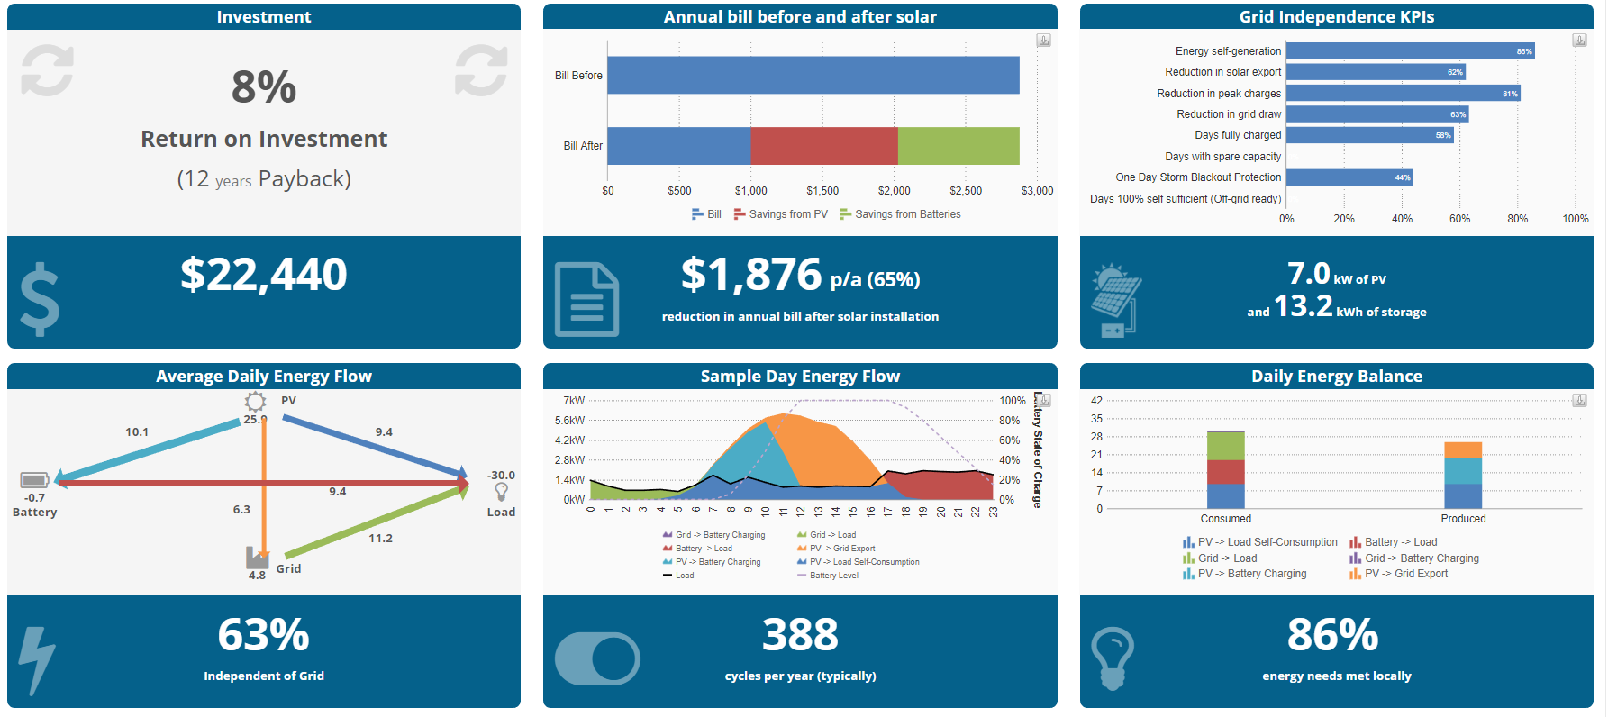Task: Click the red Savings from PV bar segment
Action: (823, 146)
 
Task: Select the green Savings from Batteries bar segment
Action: (958, 146)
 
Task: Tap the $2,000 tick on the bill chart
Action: (894, 191)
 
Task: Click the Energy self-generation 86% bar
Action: (1409, 51)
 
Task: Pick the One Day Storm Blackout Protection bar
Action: (1349, 177)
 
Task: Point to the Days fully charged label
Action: (1237, 135)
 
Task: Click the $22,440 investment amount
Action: (263, 275)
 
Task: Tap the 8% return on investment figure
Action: (263, 87)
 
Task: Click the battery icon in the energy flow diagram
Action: (34, 479)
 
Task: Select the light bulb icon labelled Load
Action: (501, 491)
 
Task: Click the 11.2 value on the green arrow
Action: (380, 539)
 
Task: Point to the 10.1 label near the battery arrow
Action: (137, 432)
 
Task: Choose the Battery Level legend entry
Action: (833, 576)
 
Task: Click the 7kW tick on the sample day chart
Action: (574, 401)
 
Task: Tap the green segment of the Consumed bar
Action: (1225, 446)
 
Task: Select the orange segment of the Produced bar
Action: (1462, 450)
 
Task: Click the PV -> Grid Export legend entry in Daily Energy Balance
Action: (1405, 574)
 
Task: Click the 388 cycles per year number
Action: (800, 635)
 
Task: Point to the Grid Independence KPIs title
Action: (1336, 17)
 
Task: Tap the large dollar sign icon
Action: (40, 300)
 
